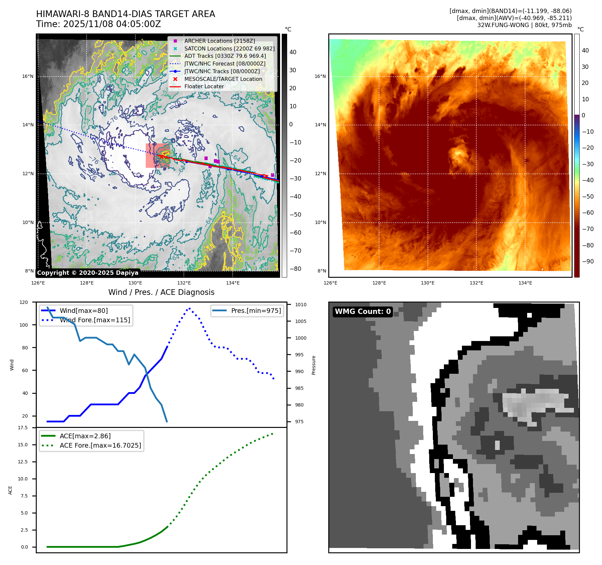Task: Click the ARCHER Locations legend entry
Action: [219, 41]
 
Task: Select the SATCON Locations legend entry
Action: [229, 48]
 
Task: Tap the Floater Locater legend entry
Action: [204, 86]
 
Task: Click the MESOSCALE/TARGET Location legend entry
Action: [223, 79]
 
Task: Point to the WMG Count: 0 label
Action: [363, 312]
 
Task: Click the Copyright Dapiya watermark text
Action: [88, 273]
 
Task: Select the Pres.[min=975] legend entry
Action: [256, 311]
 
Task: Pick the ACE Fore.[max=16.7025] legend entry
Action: [100, 445]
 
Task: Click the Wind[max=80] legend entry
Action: [84, 311]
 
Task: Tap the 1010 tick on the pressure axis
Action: [300, 305]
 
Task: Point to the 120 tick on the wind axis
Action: [24, 302]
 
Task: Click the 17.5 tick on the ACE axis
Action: [23, 428]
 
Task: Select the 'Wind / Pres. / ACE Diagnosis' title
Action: [161, 292]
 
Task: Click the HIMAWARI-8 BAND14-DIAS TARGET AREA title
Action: [125, 14]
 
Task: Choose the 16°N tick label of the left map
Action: [28, 76]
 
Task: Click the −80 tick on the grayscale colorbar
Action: [295, 269]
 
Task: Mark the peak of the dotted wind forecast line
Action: [190, 308]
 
